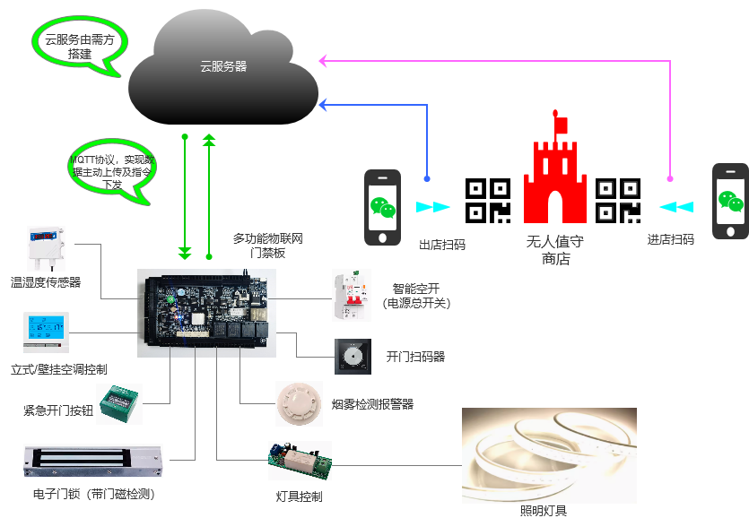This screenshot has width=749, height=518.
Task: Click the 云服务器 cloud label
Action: click(x=223, y=66)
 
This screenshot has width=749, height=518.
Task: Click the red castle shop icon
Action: click(x=554, y=175)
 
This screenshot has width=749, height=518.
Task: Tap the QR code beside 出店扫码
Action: click(x=488, y=201)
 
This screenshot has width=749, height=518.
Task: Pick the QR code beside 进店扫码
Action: click(x=619, y=201)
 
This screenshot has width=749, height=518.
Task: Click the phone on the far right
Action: click(x=730, y=202)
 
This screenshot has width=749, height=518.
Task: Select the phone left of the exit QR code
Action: click(x=382, y=207)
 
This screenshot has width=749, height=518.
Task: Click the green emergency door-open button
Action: click(x=119, y=402)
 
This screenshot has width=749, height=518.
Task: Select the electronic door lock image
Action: click(x=92, y=460)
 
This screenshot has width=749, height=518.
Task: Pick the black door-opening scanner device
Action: click(x=353, y=357)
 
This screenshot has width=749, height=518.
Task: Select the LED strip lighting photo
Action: click(x=549, y=455)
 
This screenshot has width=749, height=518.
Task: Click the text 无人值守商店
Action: click(x=554, y=250)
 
